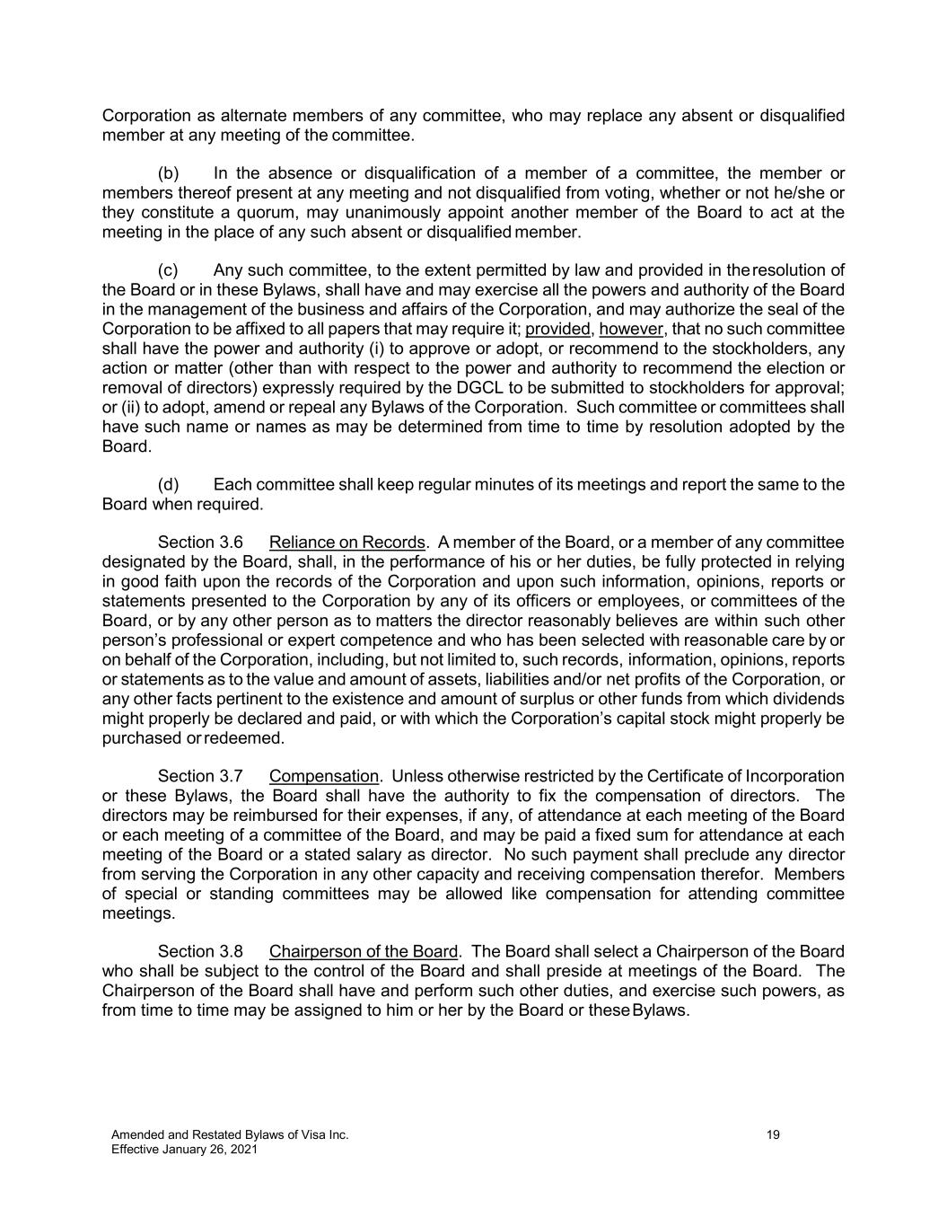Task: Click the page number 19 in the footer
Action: [x=773, y=1135]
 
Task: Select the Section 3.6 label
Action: [x=200, y=542]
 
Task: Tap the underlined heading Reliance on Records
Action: [x=346, y=542]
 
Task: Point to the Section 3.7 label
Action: [x=200, y=776]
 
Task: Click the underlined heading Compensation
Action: [x=324, y=776]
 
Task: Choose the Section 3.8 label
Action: [x=200, y=951]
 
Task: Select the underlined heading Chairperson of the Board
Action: [x=364, y=951]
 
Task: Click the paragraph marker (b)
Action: [x=168, y=173]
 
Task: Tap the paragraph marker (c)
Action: [x=168, y=270]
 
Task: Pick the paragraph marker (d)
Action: [x=168, y=485]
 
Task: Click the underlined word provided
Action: [x=557, y=329]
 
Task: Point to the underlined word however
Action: [x=631, y=329]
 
